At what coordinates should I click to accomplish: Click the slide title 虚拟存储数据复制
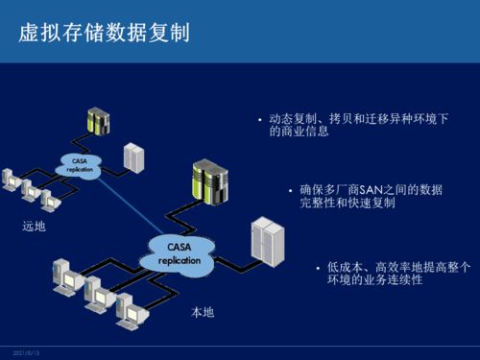tap(104, 34)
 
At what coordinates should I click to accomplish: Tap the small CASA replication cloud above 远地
tap(81, 164)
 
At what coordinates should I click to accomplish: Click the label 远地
tap(34, 227)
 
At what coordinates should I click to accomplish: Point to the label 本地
tap(203, 313)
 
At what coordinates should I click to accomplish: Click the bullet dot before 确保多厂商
tap(289, 190)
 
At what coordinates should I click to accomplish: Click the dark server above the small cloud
tap(98, 122)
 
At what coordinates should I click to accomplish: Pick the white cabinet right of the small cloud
tap(134, 157)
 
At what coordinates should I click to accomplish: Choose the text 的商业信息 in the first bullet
tap(300, 132)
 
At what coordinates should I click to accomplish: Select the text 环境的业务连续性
tap(374, 279)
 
